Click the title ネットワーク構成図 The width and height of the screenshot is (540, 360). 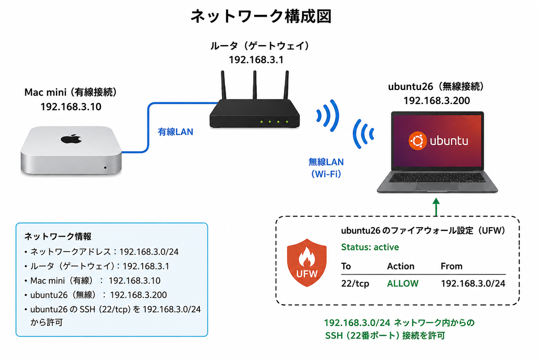(261, 16)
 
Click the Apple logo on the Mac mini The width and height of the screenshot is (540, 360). (71, 139)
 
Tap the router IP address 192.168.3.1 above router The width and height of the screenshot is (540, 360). (256, 60)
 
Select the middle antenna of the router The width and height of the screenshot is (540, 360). (255, 85)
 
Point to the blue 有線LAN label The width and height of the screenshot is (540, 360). (175, 132)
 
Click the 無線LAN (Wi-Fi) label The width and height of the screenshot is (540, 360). (326, 168)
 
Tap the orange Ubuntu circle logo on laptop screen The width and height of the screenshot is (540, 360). (417, 141)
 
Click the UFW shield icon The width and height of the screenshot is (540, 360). (306, 263)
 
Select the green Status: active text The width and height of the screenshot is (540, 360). (370, 247)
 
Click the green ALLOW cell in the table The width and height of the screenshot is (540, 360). (403, 283)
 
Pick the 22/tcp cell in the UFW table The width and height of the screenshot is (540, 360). (355, 283)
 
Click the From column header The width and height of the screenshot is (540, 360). (451, 266)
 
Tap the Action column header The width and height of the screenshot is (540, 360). (400, 266)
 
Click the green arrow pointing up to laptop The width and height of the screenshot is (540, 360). (436, 207)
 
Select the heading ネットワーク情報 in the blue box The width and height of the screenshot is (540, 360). (58, 237)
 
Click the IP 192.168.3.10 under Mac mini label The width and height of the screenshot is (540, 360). (71, 107)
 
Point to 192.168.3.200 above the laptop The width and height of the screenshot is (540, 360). (436, 100)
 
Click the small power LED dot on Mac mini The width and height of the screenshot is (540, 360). (105, 167)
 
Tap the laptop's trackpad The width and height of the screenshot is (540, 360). (437, 186)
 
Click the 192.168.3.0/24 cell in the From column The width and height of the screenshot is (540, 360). (473, 283)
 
